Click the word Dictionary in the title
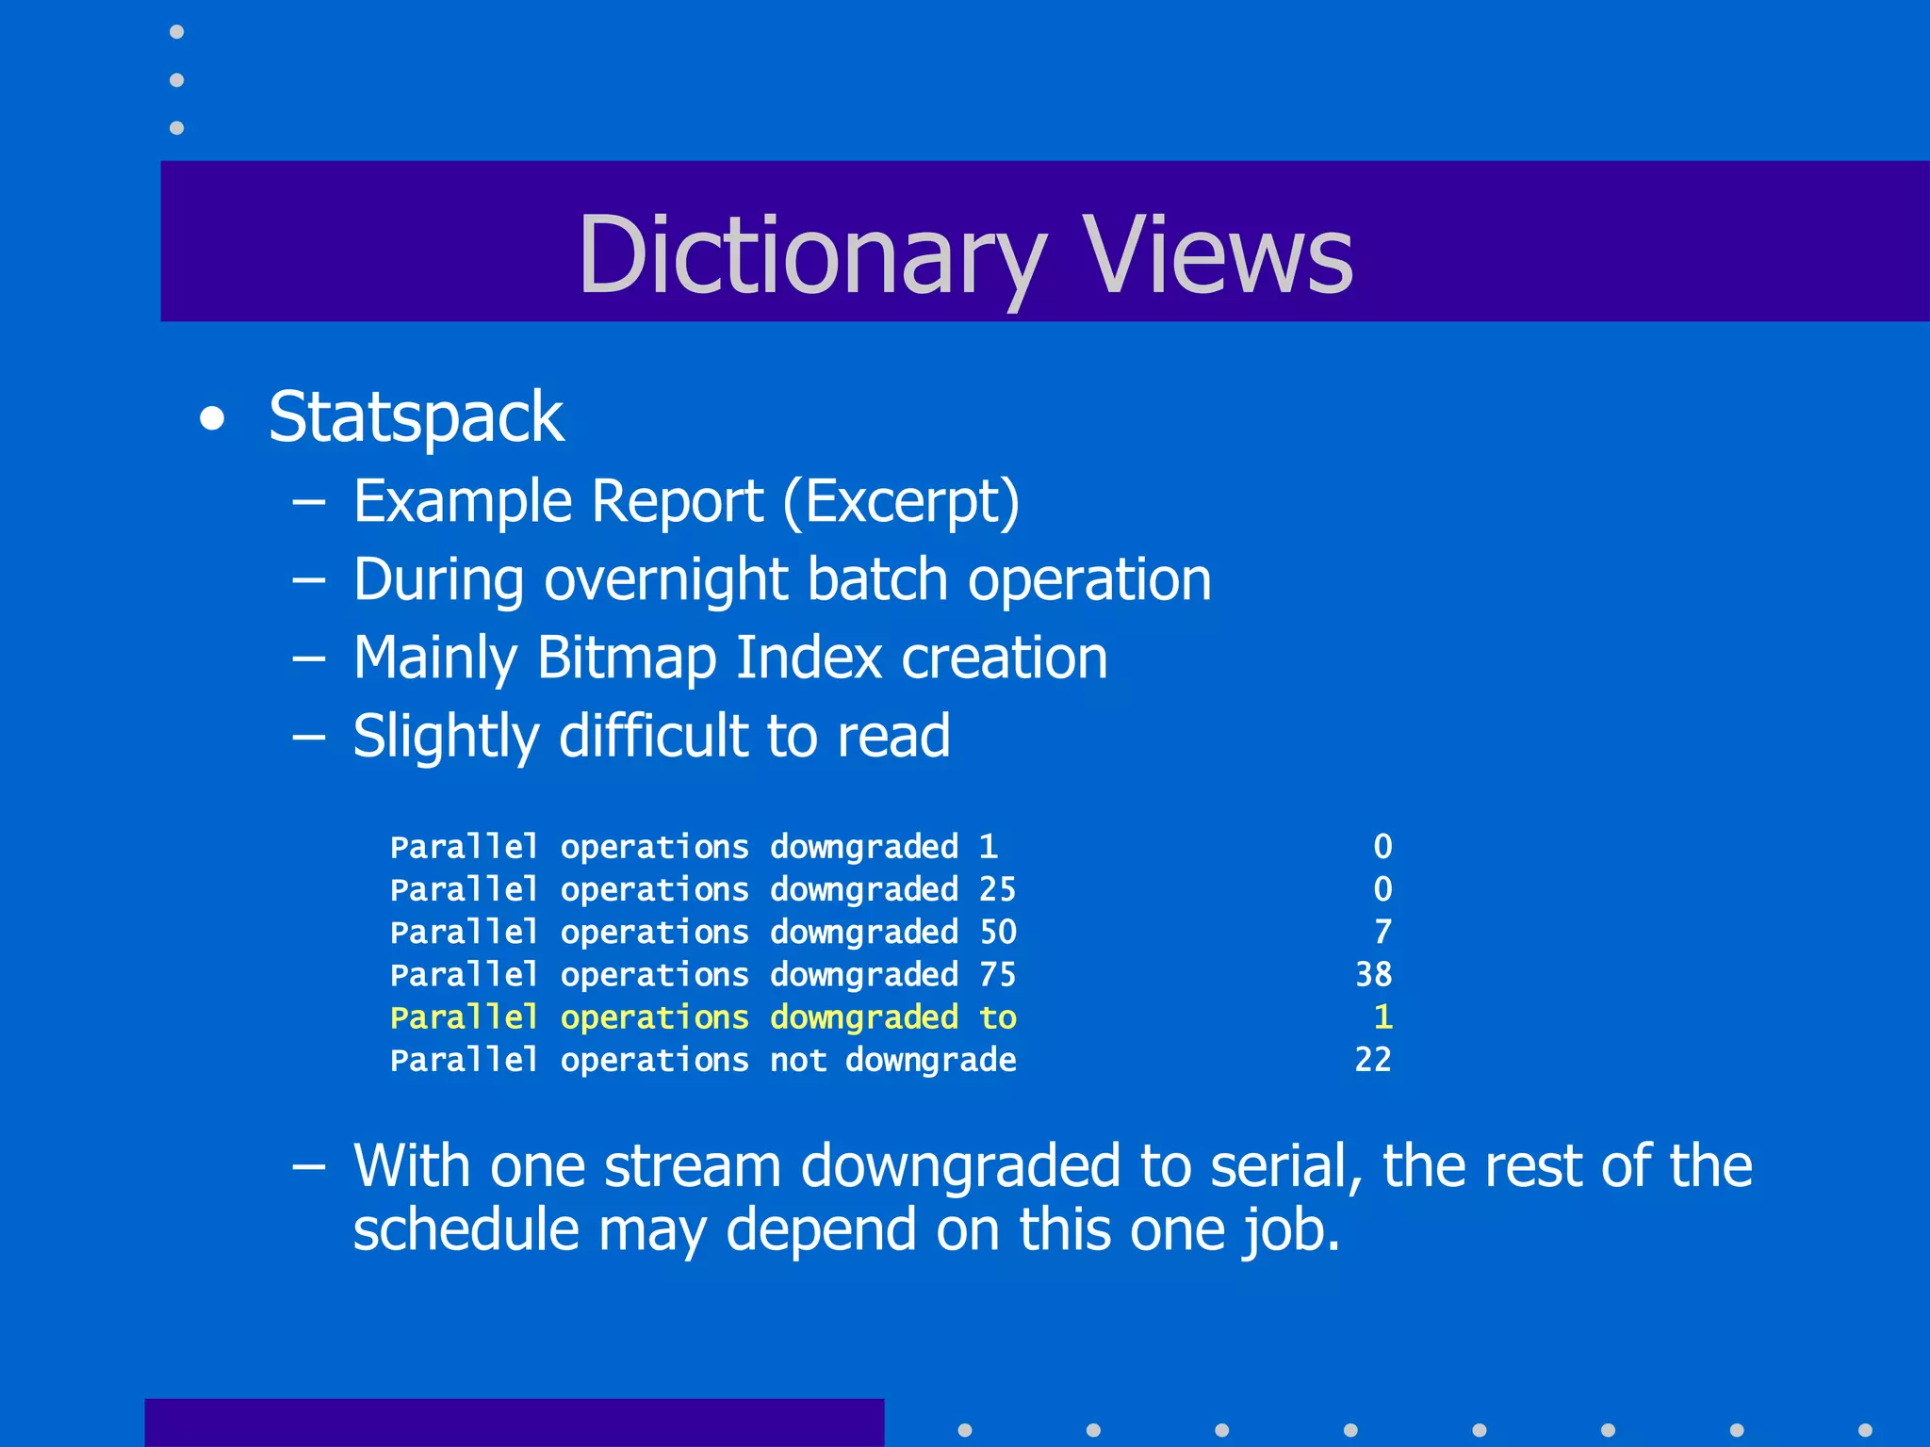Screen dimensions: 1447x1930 point(810,254)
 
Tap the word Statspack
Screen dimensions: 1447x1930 point(416,417)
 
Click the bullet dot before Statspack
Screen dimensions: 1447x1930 point(213,419)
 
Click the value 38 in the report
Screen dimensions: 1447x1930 point(1373,974)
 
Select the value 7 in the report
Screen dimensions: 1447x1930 point(1382,932)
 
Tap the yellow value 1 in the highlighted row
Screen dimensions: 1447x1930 point(1382,1017)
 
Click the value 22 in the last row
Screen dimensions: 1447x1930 point(1373,1060)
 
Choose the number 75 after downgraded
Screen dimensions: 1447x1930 point(998,974)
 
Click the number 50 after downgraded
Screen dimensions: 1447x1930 point(998,932)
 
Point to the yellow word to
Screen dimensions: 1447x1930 point(998,1017)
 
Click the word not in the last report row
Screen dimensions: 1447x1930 point(798,1061)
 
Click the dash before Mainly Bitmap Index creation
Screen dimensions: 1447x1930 point(309,658)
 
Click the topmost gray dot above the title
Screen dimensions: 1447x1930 point(176,32)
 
